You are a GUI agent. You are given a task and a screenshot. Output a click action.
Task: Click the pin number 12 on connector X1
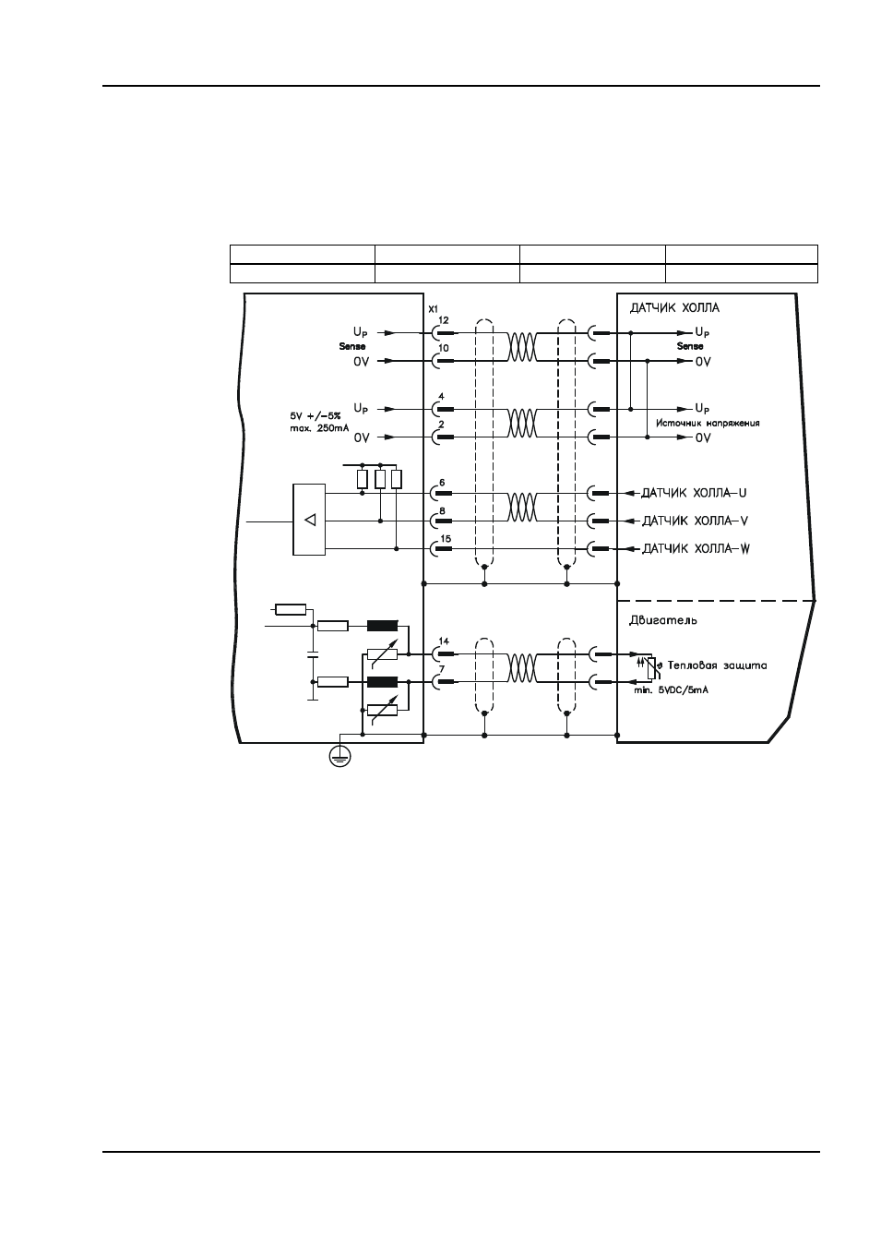click(444, 320)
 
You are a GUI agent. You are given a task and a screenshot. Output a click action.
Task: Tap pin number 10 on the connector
click(444, 348)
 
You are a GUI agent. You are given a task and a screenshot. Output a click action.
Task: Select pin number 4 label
click(441, 396)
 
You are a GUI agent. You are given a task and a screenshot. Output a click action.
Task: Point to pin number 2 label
click(441, 425)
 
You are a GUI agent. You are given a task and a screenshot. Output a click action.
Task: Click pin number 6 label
click(442, 483)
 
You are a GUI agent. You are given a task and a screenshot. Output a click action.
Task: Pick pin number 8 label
click(442, 510)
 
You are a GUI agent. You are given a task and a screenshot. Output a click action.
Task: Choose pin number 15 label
click(446, 538)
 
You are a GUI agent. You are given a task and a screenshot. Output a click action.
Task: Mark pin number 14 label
click(444, 641)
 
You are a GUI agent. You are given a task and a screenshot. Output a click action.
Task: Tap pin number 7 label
click(441, 669)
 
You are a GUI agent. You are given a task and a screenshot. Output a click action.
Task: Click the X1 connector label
click(433, 308)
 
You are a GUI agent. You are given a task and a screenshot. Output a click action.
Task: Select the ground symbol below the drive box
click(339, 756)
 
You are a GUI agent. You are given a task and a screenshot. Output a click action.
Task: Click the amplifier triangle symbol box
click(309, 520)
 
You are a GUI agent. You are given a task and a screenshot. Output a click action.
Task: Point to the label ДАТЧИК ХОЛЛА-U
click(694, 493)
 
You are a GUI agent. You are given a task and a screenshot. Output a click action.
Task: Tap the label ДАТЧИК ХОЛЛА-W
click(696, 549)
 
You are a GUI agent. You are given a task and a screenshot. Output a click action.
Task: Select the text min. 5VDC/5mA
click(672, 690)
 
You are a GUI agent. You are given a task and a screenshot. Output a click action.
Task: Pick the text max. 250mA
click(319, 428)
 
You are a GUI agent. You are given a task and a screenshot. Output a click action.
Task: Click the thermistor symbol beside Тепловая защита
click(651, 667)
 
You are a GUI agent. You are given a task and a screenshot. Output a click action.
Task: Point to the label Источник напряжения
click(708, 423)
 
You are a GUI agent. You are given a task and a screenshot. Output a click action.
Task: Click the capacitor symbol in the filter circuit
click(313, 653)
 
